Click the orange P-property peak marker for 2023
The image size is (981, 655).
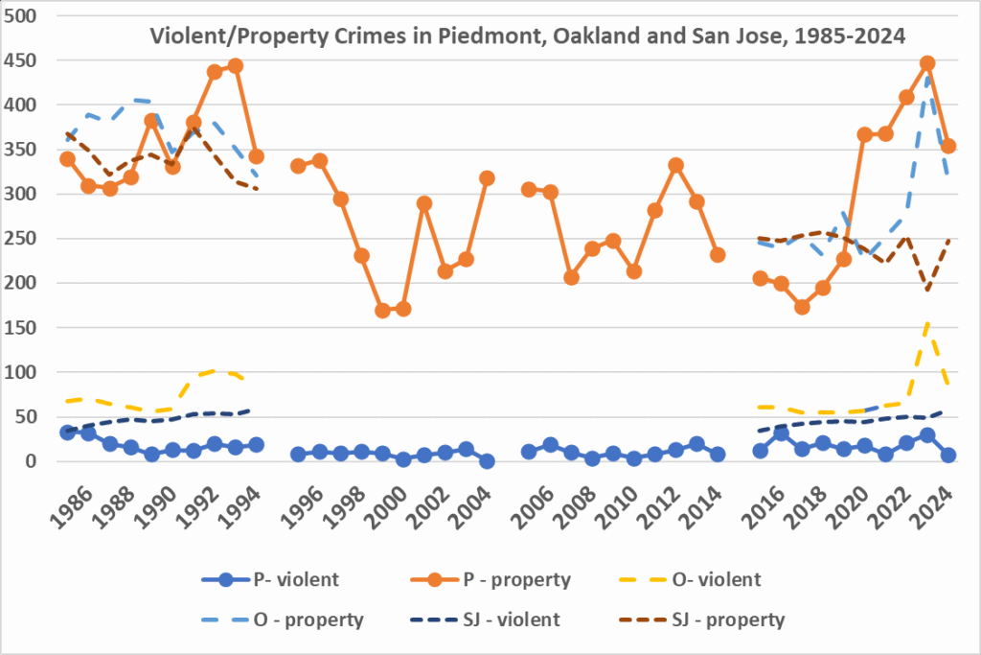pyautogui.click(x=927, y=63)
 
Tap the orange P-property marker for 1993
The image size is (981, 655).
pyautogui.click(x=236, y=66)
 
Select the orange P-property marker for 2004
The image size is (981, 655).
pyautogui.click(x=487, y=178)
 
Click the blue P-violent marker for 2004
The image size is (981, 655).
pyautogui.click(x=487, y=461)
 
